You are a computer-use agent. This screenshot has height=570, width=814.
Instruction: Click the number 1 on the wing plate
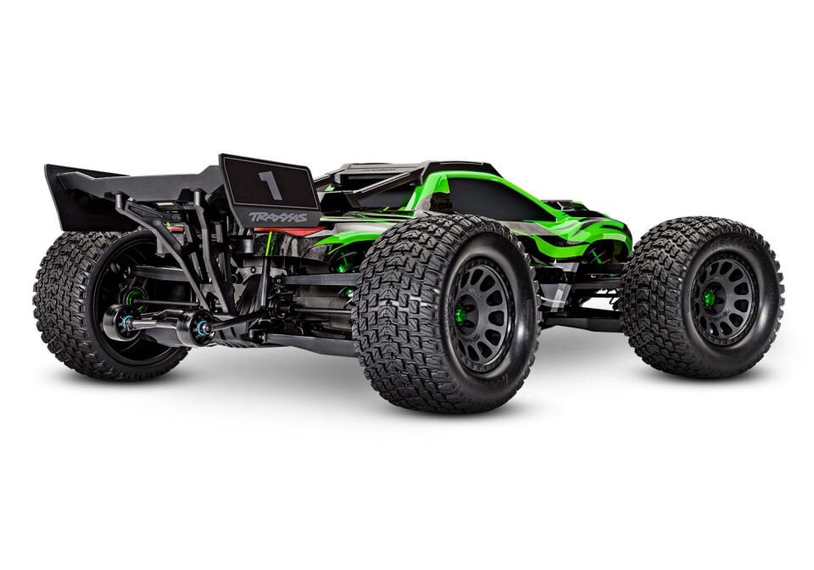pos(270,184)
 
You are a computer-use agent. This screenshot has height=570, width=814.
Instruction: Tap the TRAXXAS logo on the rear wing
pos(278,217)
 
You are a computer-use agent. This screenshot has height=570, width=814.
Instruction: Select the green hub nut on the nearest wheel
pos(460,315)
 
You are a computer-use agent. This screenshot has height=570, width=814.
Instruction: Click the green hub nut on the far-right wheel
pos(709,299)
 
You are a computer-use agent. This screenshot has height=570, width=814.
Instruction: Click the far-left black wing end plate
pos(72,199)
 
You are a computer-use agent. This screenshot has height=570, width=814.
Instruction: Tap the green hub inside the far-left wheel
pos(131,297)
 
